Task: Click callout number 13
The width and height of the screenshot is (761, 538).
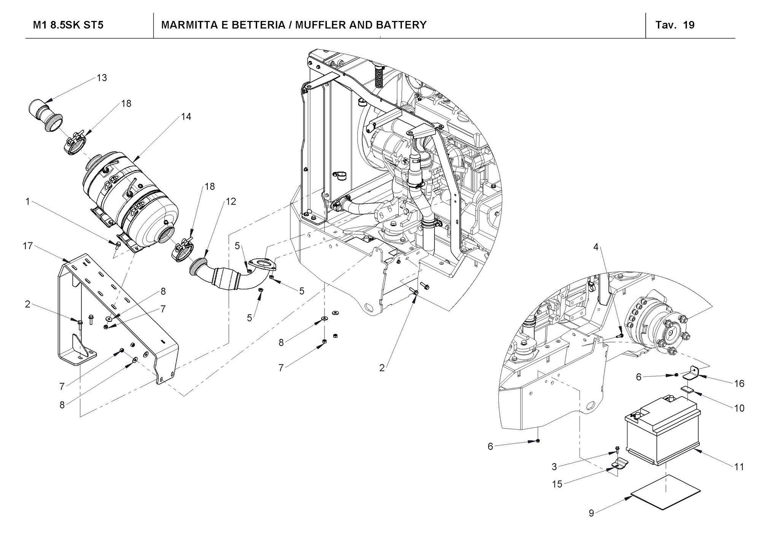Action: [x=102, y=78]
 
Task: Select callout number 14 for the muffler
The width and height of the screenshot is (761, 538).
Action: [x=186, y=117]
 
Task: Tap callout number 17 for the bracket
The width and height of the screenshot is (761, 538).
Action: [x=28, y=246]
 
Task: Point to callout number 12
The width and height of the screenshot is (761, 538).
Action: [x=231, y=201]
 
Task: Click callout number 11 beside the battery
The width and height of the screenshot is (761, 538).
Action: [x=739, y=467]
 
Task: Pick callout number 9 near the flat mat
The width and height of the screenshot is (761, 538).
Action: [x=591, y=513]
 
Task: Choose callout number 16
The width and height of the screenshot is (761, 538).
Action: [x=739, y=384]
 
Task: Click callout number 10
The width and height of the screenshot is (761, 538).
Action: [x=739, y=408]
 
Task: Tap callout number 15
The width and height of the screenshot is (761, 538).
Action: [x=557, y=484]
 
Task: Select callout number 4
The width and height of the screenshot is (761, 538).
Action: [x=596, y=247]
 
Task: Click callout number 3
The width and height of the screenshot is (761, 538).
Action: [x=554, y=466]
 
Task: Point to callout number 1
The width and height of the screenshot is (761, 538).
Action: [x=27, y=201]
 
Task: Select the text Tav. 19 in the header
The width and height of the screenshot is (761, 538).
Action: [x=675, y=25]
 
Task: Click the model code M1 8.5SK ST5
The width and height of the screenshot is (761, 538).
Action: [x=68, y=25]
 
